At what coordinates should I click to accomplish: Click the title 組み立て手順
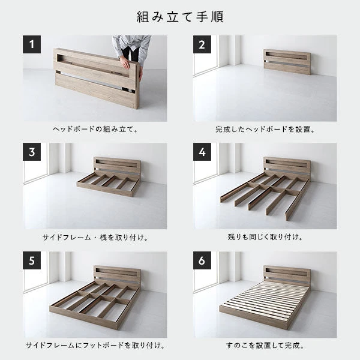pyautogui.click(x=179, y=16)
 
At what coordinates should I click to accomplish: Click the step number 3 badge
pyautogui.click(x=32, y=152)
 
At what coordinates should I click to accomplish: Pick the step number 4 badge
pyautogui.click(x=202, y=152)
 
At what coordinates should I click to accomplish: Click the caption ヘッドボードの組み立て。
pyautogui.click(x=95, y=129)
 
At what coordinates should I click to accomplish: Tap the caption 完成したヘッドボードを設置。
pyautogui.click(x=265, y=129)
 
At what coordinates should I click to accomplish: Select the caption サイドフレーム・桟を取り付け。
pyautogui.click(x=95, y=237)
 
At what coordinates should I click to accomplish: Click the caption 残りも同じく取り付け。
pyautogui.click(x=265, y=237)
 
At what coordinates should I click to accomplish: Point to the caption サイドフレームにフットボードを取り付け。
pyautogui.click(x=95, y=346)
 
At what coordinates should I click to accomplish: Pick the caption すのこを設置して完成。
pyautogui.click(x=265, y=346)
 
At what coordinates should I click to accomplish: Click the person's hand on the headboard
pyautogui.click(x=124, y=61)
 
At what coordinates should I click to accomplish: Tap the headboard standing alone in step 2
pyautogui.click(x=286, y=61)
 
